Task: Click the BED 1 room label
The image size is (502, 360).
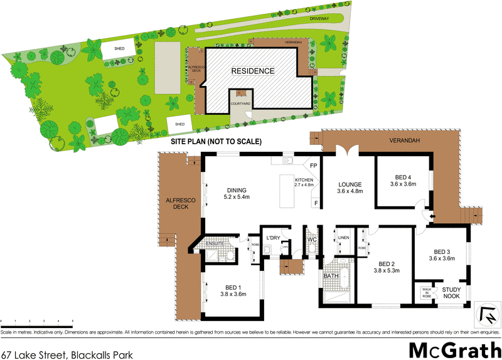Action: (231, 286)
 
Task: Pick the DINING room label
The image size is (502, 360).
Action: (237, 190)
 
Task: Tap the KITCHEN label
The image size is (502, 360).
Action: (303, 181)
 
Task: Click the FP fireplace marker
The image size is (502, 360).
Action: (313, 166)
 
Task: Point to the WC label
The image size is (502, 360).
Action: (312, 240)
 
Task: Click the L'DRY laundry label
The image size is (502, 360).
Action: (272, 238)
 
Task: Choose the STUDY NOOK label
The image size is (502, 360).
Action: (452, 293)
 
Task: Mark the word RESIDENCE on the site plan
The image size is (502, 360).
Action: (253, 71)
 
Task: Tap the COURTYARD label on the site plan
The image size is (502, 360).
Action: (241, 103)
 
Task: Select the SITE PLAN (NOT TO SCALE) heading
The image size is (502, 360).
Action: (216, 142)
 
